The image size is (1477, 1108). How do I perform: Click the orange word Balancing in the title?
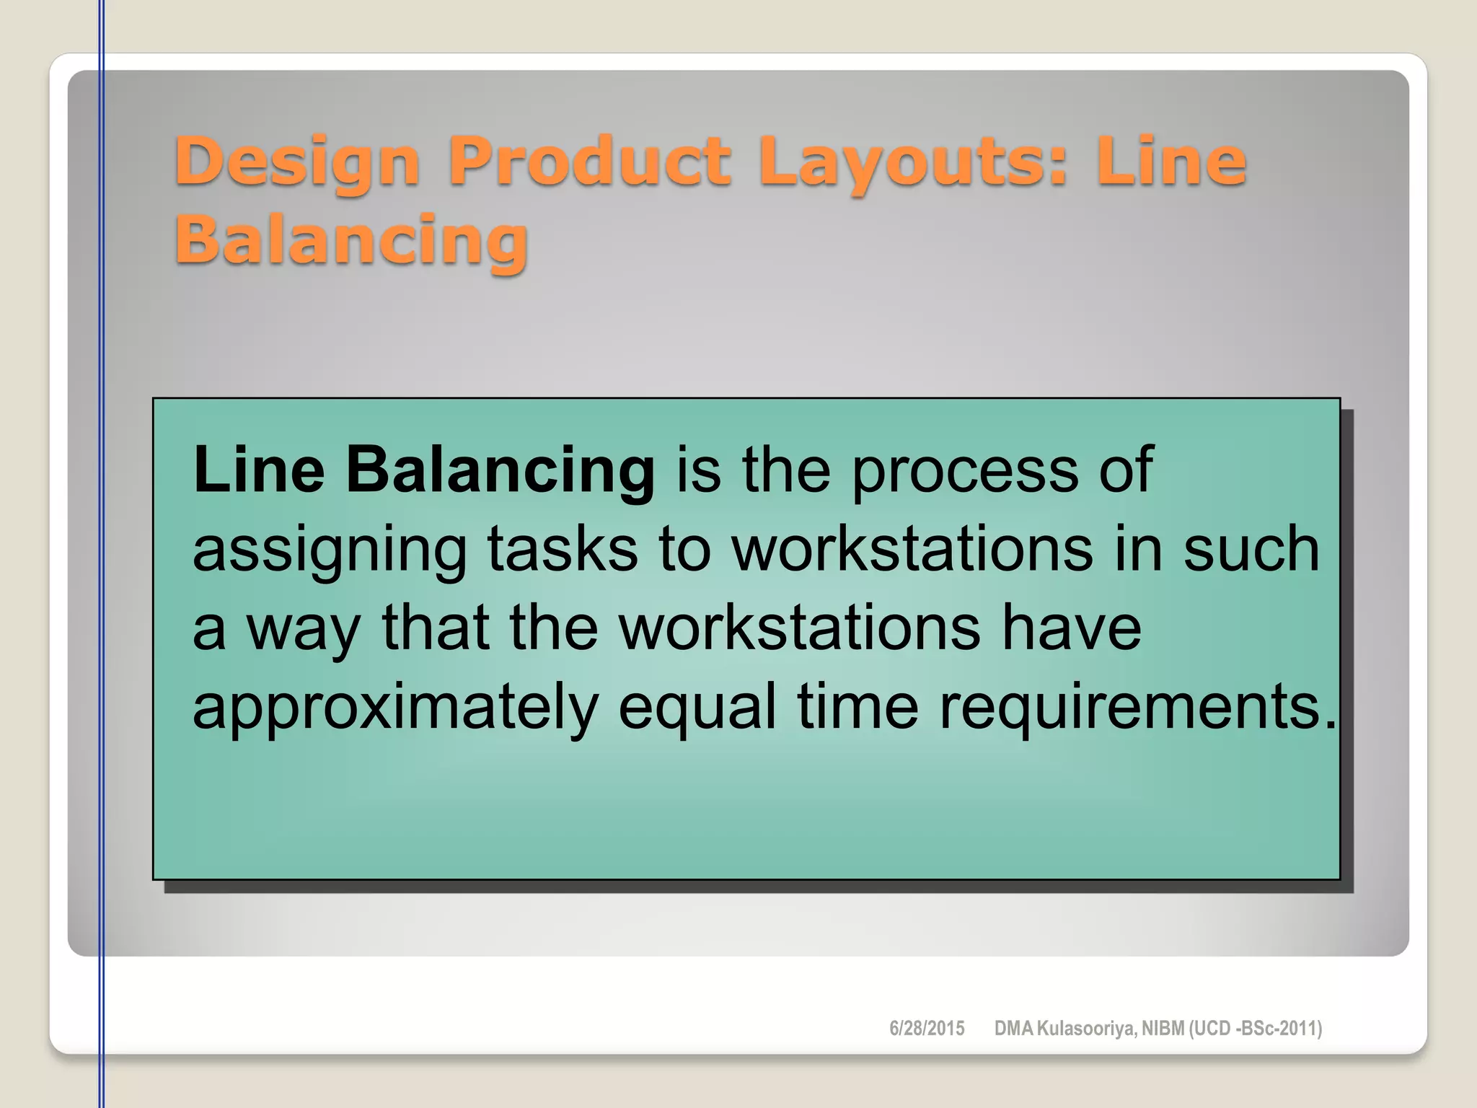[351, 241]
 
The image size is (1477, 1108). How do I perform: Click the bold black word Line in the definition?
[259, 470]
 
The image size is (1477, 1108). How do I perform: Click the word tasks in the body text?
[563, 549]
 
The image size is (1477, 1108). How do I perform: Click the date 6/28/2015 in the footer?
[927, 1029]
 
